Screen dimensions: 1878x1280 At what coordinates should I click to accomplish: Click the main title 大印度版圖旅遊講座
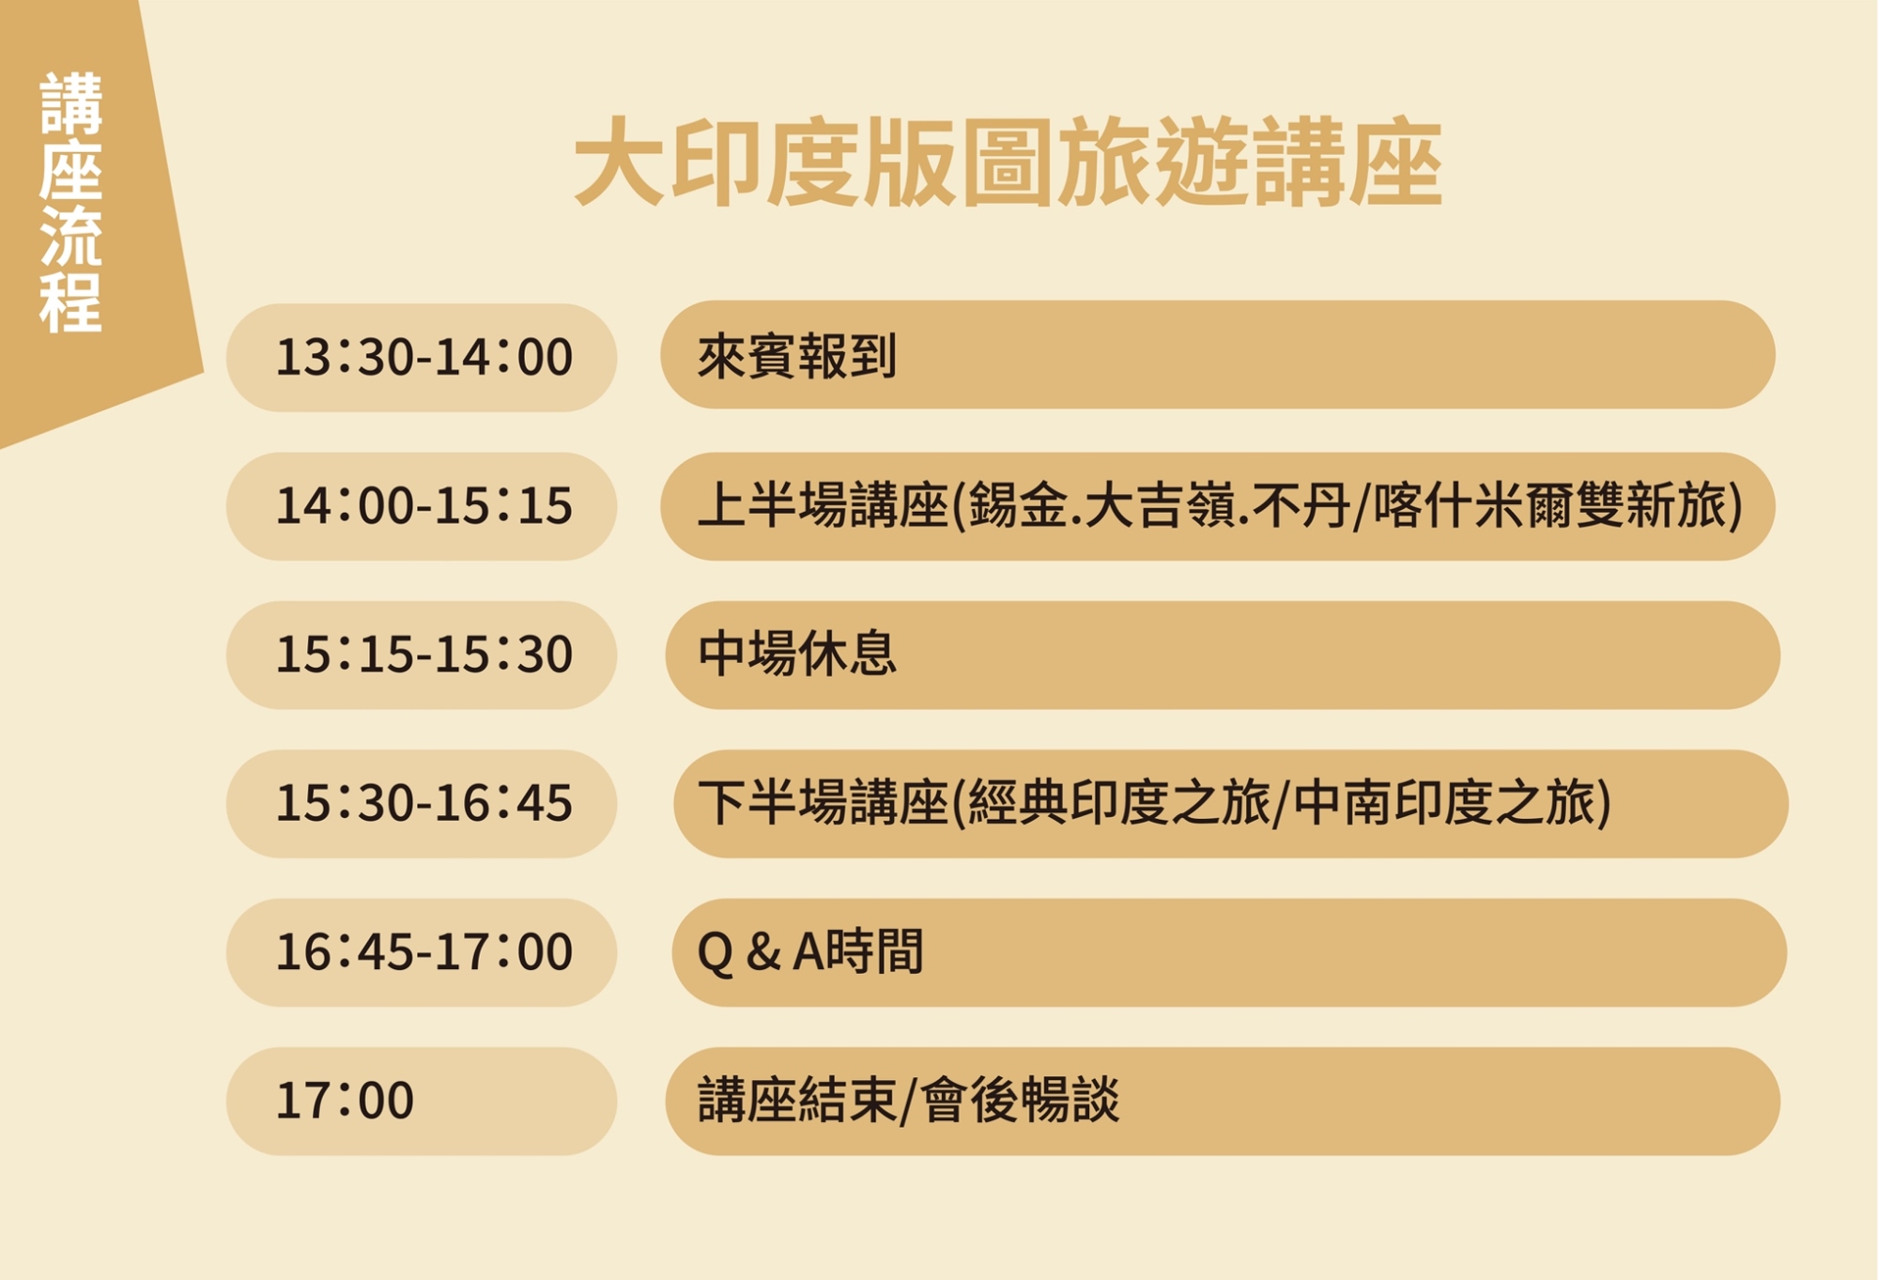[x=1008, y=162]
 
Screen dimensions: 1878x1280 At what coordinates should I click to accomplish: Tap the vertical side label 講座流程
[x=70, y=202]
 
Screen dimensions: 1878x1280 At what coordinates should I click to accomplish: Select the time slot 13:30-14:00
[x=423, y=357]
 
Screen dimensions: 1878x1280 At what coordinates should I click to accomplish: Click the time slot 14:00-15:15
[x=423, y=505]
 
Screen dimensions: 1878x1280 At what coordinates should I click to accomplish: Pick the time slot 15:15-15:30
[x=423, y=654]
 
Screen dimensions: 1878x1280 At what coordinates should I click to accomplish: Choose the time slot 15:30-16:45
[x=423, y=803]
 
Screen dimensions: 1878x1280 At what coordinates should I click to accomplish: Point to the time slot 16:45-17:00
[x=423, y=951]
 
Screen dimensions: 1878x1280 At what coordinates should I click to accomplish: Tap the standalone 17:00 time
[x=345, y=1100]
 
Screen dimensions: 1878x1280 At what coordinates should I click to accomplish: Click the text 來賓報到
[x=797, y=356]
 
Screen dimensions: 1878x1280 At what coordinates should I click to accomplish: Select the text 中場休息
[x=797, y=654]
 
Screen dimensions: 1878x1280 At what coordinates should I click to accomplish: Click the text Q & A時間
[x=810, y=951]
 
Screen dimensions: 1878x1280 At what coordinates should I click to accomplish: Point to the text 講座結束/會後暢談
[x=909, y=1100]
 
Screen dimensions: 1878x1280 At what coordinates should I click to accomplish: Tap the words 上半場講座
[x=823, y=505]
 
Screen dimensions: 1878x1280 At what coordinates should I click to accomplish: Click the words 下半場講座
[x=823, y=803]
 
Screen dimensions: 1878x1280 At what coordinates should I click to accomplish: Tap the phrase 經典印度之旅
[x=1118, y=803]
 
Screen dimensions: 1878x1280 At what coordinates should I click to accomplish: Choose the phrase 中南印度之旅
[x=1442, y=803]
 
